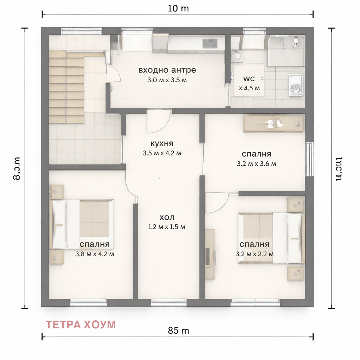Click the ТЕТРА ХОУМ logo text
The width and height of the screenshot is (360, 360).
81,324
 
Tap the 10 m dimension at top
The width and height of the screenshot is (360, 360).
179,8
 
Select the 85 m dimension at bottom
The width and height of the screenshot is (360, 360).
179,330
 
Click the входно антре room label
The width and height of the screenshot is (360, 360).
167,70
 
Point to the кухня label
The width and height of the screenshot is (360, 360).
162,144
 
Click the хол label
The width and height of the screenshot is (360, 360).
167,217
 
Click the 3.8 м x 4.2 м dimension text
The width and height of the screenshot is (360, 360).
95,254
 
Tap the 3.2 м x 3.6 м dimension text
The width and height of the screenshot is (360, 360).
256,163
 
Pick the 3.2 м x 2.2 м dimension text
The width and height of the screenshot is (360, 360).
255,254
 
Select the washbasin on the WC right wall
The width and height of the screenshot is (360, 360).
295,85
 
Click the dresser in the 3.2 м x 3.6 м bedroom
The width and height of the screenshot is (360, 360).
274,123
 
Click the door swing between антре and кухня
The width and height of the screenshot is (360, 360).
157,121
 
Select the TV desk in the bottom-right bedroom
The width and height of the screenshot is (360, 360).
210,254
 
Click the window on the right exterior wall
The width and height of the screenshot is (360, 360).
309,159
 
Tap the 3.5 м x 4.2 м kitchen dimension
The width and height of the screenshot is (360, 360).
162,153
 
